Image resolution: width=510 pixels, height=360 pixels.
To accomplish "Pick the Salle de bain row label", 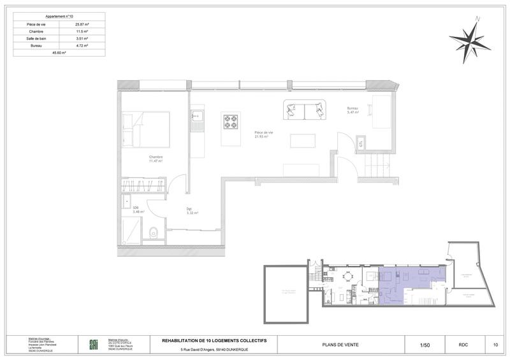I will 36,38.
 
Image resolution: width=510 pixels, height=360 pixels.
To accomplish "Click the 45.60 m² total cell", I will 58,54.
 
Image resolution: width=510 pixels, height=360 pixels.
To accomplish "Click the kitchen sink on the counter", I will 196,116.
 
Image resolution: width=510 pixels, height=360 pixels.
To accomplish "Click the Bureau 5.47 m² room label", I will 353,110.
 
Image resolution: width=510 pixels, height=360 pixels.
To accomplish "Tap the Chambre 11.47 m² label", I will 156,159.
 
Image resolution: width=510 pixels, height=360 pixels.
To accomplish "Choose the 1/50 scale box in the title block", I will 424,345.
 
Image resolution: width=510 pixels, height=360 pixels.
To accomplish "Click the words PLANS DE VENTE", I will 345,345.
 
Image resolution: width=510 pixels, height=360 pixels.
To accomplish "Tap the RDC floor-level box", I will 463,345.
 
